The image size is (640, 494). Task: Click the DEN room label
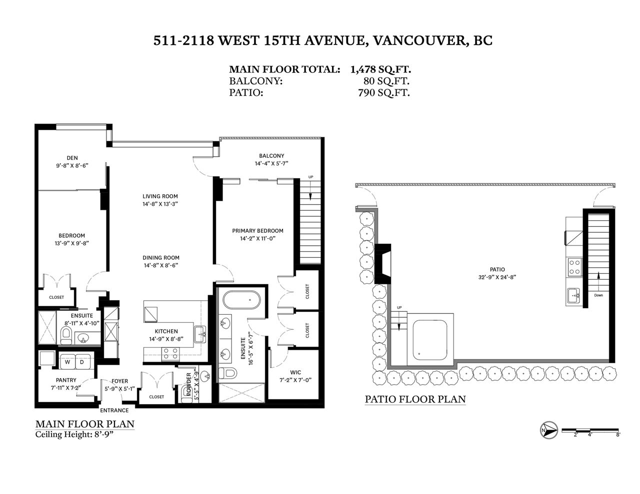click(72, 158)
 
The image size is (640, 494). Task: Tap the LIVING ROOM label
click(160, 196)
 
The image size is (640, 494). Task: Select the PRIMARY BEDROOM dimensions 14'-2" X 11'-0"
click(257, 238)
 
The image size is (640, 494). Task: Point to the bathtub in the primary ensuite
click(242, 300)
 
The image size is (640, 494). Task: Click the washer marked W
click(67, 362)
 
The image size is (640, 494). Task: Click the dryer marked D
click(82, 362)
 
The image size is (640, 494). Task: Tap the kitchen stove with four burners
click(170, 354)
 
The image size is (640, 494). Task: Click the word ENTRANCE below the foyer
click(114, 411)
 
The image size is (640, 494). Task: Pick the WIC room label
click(295, 372)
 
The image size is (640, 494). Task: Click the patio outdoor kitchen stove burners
click(574, 267)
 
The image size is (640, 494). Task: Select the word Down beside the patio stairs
click(598, 295)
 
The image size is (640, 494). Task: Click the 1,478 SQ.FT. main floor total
click(380, 69)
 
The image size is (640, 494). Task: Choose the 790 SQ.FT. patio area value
click(384, 93)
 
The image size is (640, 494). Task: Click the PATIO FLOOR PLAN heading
click(415, 399)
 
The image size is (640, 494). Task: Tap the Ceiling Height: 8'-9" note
click(74, 434)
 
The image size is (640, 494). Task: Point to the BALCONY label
click(271, 156)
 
